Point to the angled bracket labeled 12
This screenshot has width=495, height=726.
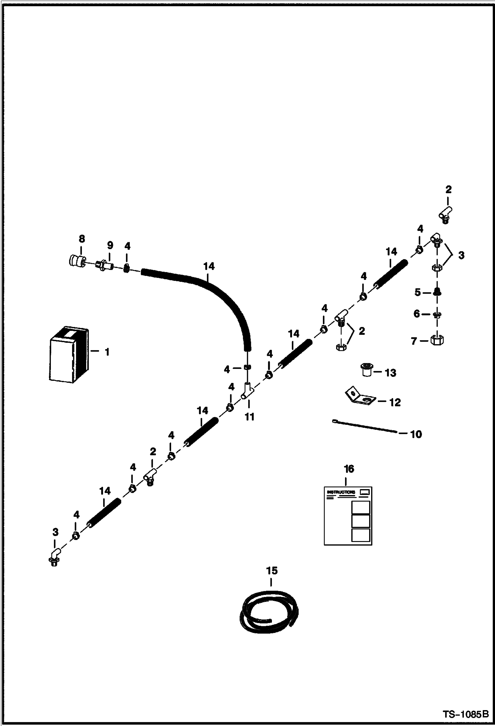click(359, 397)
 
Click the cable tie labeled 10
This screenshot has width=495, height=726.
click(364, 426)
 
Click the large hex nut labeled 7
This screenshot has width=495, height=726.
click(437, 340)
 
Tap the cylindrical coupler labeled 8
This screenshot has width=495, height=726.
click(77, 261)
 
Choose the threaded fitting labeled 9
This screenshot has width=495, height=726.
click(105, 265)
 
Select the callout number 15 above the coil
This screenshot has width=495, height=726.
click(272, 570)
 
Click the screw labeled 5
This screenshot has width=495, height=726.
click(437, 292)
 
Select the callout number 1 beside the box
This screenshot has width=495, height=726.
click(107, 352)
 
